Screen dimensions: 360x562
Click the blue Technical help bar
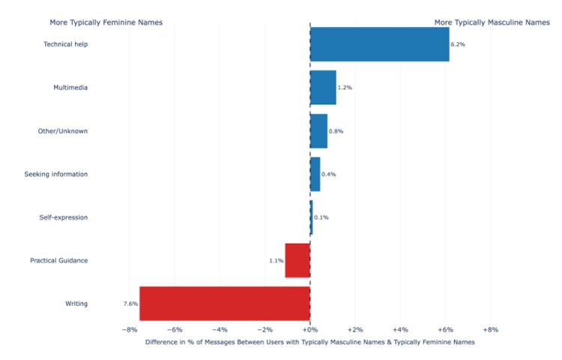(x=379, y=44)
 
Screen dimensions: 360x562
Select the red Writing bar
(x=225, y=304)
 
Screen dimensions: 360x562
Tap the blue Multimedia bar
(x=323, y=88)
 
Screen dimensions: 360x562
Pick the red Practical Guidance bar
(x=297, y=260)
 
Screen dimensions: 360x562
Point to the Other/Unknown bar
(x=318, y=131)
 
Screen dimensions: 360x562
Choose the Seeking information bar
(x=315, y=174)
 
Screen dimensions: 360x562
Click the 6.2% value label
(x=458, y=44)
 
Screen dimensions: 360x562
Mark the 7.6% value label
(x=130, y=304)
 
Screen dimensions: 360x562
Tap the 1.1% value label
(x=277, y=261)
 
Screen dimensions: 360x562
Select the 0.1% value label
(x=321, y=217)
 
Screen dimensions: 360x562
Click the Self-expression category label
(x=63, y=217)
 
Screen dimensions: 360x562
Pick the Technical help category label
(x=65, y=44)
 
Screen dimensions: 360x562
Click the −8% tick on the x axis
(x=129, y=329)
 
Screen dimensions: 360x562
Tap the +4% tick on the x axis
(x=400, y=329)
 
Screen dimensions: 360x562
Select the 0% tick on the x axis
(x=310, y=329)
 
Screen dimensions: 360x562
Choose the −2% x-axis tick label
(x=265, y=329)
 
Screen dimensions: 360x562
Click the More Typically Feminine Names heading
(x=106, y=22)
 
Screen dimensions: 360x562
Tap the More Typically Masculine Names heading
(x=492, y=22)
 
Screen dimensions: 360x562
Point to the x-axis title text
(x=310, y=342)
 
